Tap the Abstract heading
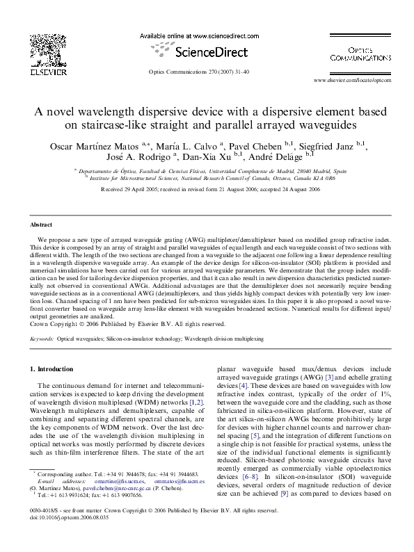click(x=42, y=226)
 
